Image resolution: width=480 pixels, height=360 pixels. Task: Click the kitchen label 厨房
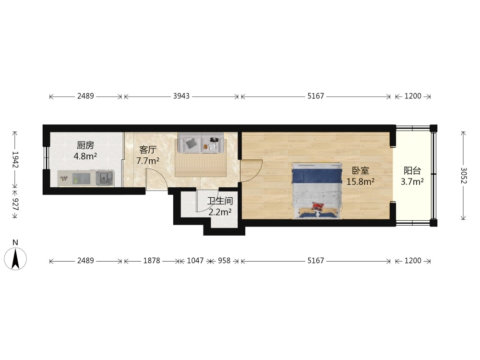[x=85, y=145]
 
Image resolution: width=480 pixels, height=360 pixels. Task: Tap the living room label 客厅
[x=148, y=150]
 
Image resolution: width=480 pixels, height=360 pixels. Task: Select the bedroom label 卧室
[x=360, y=170]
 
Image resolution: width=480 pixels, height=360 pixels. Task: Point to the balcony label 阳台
[x=412, y=170]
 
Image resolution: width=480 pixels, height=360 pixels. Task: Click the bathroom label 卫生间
[x=220, y=201]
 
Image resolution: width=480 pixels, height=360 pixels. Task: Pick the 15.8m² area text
[x=360, y=182]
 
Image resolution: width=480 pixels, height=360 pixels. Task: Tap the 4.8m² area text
[x=85, y=156]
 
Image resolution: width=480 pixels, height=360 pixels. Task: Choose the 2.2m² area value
[x=220, y=212]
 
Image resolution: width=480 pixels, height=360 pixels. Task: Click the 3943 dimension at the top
[x=181, y=96]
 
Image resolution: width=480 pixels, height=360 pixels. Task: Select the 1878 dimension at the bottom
[x=152, y=261]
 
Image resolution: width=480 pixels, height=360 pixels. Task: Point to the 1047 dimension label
[x=195, y=261]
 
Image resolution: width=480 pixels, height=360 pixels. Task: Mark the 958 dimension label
[x=224, y=261]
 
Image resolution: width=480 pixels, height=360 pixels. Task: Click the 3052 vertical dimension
[x=464, y=175]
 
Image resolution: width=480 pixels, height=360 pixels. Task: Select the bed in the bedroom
[x=316, y=191]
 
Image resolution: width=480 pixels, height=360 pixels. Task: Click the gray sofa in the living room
[x=201, y=143]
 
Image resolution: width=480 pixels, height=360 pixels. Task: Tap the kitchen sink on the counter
[x=105, y=177]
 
